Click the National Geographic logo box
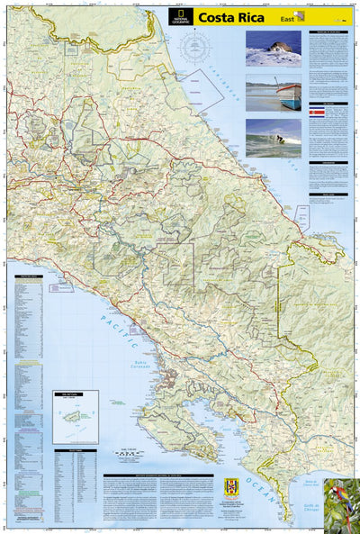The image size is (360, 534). coord(183,16)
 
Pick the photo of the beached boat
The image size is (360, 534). coord(273,93)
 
